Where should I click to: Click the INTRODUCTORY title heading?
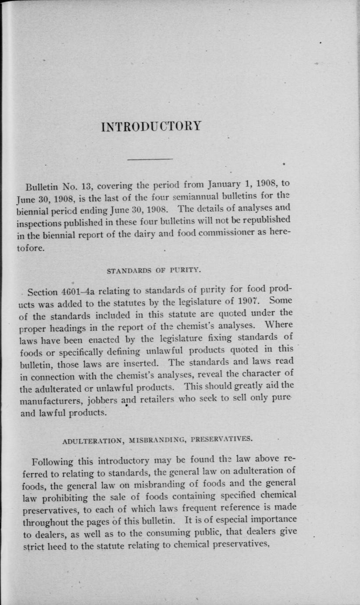[x=151, y=126]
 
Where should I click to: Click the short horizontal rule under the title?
[x=150, y=159]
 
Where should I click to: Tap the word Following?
[x=53, y=462]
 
